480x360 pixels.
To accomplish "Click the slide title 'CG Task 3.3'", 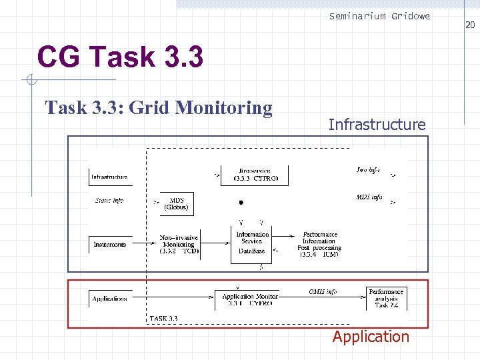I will coord(120,57).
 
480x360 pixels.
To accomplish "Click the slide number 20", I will coord(469,25).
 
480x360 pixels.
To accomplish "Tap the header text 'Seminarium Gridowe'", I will coord(379,16).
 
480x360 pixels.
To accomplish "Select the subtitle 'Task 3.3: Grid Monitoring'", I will coord(159,107).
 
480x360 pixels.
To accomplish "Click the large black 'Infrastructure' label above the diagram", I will coord(377,124).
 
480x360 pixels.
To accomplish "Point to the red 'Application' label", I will coord(371,337).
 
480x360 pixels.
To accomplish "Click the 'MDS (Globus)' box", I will coord(177,203).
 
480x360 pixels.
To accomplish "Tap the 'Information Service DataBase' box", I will coord(252,243).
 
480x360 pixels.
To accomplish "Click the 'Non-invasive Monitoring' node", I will coord(179,244).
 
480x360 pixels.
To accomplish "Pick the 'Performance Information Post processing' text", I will coord(319,244).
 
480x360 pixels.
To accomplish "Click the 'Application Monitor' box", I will coord(247,299).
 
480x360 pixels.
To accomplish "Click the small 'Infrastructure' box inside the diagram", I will coord(110,177).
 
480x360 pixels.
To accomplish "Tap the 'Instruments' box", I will coord(109,245).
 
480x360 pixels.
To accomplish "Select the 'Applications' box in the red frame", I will coord(109,298).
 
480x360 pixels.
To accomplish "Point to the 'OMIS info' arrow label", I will coord(323,291).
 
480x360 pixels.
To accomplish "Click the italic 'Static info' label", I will coord(109,200).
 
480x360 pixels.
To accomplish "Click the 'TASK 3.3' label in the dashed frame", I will coord(164,318).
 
